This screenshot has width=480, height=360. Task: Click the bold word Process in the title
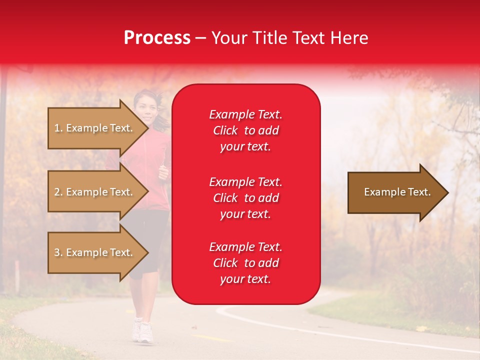pos(157,38)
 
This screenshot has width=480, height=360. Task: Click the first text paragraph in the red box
pos(245,130)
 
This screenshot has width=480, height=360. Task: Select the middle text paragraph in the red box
pos(245,198)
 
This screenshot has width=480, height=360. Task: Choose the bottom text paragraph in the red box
pos(245,263)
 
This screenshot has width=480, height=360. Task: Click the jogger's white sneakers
pos(142,331)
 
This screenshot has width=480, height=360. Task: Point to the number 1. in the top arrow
pos(58,128)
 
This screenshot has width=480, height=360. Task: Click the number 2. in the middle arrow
pos(58,192)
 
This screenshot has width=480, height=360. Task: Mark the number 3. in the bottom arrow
pos(58,252)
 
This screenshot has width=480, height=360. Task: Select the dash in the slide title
pos(201,38)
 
